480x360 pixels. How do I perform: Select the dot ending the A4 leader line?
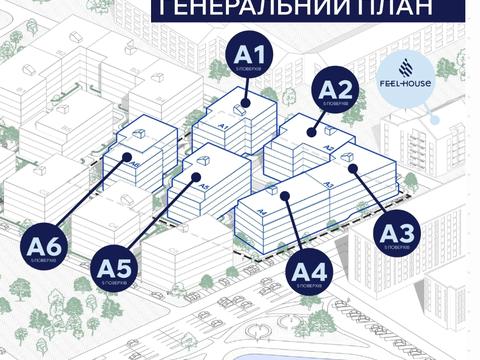(286, 194)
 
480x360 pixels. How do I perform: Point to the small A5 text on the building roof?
(203, 186)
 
